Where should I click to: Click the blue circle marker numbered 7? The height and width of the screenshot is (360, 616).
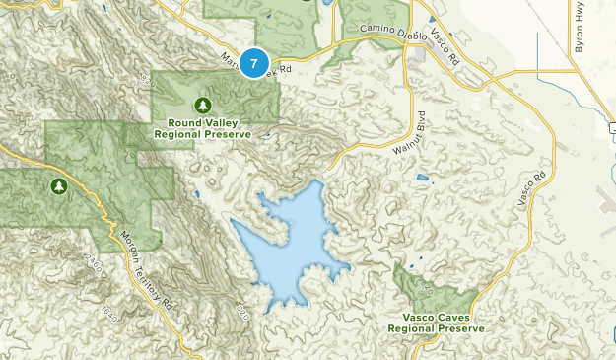pos(254,64)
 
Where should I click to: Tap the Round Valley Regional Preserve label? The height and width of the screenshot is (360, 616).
pos(203,128)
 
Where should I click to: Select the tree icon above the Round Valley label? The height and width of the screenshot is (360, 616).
pos(203,105)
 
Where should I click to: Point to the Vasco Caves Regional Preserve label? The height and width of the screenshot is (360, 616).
pos(436,323)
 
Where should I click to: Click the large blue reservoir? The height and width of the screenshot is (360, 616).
pos(291,242)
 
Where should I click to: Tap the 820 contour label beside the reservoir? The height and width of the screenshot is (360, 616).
pos(241,314)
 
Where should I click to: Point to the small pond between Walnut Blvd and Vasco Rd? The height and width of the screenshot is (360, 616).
pos(423,179)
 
